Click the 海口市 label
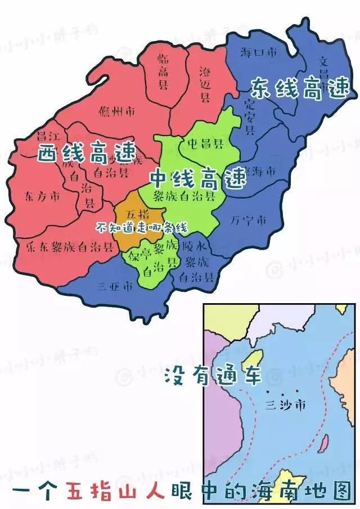click(259, 53)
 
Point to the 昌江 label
click(48, 137)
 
